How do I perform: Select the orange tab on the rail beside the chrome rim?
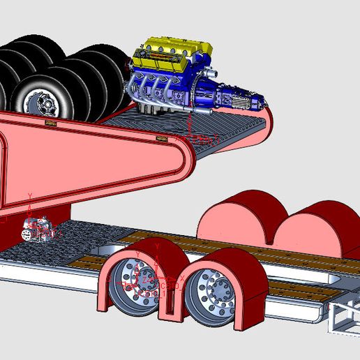tap(50, 123)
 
